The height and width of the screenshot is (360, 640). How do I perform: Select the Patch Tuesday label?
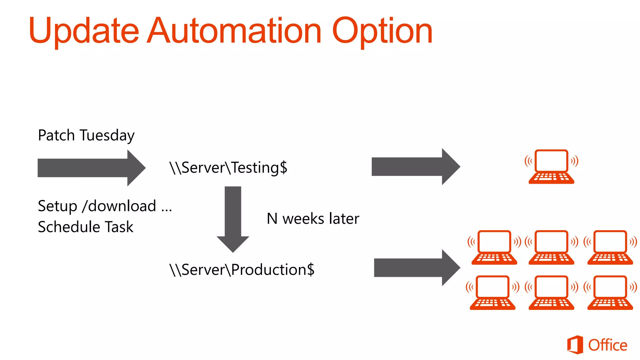pos(86,135)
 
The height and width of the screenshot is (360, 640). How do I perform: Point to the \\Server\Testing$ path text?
pos(228,167)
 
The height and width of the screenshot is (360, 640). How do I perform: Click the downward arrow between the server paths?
pos(233,219)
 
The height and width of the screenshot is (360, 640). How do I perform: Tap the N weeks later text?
pos(312,218)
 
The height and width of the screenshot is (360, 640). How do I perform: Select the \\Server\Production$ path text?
pos(242,269)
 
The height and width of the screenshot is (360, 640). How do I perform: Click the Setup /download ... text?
pos(105,206)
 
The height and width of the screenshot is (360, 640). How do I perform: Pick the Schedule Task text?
pos(85,227)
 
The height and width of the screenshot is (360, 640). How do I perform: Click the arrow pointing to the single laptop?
pos(416,167)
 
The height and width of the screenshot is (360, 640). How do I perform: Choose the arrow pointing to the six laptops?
pos(417,268)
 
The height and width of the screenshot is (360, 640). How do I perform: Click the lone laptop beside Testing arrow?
pos(551,167)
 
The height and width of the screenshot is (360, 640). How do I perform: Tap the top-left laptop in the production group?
pos(494,247)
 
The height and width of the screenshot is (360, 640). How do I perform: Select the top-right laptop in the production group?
pos(610,247)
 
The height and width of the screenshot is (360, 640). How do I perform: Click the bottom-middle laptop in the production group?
pos(551,292)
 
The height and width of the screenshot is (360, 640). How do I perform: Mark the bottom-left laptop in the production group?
pos(492,292)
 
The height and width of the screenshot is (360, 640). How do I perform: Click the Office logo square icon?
pos(575,345)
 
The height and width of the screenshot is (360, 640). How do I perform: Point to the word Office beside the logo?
pos(607,345)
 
